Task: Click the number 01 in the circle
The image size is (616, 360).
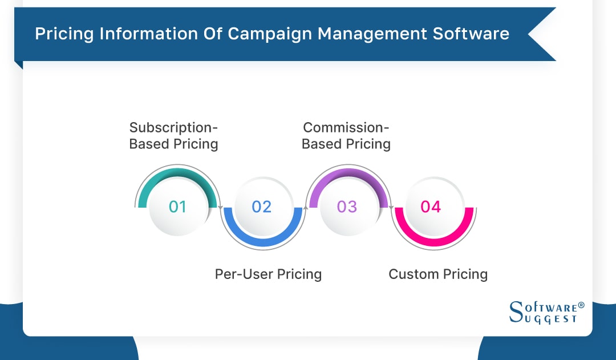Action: coord(177,207)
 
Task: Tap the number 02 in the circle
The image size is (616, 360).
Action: coord(262,207)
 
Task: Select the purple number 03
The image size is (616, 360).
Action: coord(347,207)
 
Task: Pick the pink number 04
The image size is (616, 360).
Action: coord(431,207)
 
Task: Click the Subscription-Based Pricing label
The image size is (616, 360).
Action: coord(173,136)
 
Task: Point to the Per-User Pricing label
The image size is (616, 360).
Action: coord(268,274)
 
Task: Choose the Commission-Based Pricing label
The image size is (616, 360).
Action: coord(346,136)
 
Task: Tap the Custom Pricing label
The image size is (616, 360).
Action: coord(438,274)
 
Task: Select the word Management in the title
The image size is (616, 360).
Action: coord(372,34)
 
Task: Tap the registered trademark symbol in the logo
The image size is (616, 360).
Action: coord(581,305)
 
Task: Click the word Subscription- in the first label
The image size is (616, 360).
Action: coord(173,127)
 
